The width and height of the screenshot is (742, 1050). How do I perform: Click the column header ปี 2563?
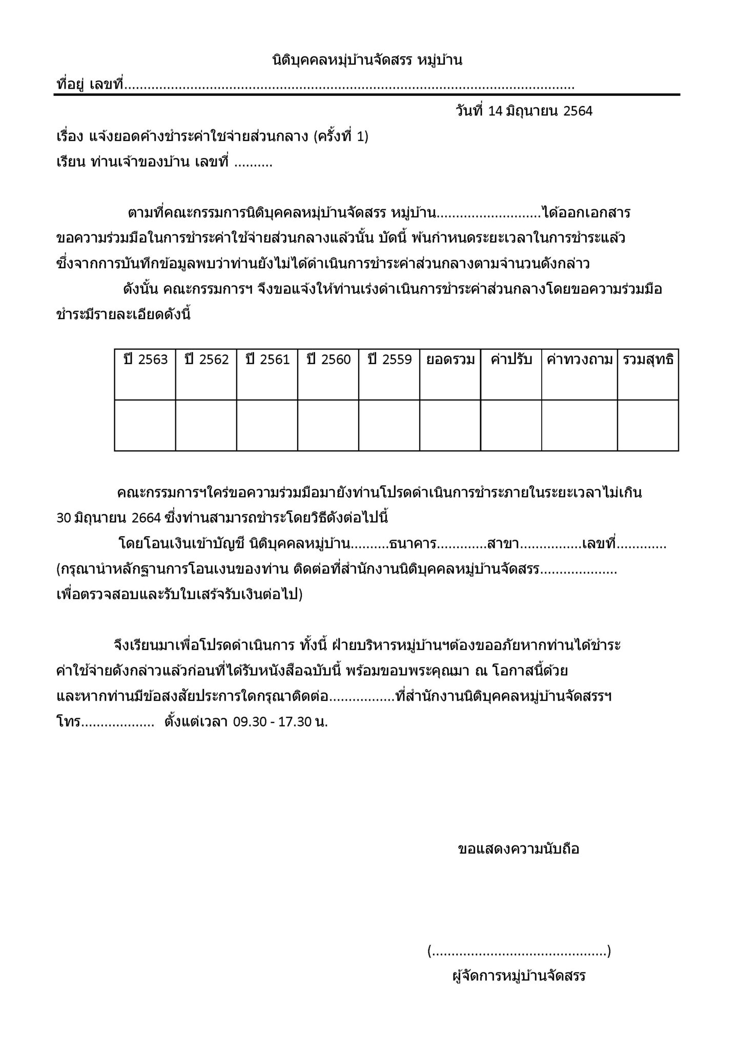146,360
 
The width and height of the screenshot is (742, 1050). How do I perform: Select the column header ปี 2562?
207,360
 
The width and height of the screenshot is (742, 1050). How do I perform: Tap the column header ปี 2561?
267,360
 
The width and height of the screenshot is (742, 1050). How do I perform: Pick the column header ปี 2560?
328,360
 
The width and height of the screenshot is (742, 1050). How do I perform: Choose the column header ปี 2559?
389,360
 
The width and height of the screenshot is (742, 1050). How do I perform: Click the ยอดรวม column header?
450,360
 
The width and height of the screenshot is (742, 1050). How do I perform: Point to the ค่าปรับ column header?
511,360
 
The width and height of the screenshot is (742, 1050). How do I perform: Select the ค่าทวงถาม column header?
580,360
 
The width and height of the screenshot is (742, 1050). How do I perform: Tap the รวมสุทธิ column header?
648,360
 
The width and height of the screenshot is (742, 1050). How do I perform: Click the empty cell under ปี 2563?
146,426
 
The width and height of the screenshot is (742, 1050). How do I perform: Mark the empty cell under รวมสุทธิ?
648,426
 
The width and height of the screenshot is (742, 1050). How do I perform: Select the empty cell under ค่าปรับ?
511,426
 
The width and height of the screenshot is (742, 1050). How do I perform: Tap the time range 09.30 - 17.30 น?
280,722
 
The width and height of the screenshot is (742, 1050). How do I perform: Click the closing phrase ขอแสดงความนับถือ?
518,849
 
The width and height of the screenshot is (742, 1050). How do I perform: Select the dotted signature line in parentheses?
519,952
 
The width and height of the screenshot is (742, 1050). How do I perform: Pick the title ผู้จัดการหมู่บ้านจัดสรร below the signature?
519,976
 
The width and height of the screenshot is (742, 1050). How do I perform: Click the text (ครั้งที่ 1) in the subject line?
341,137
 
